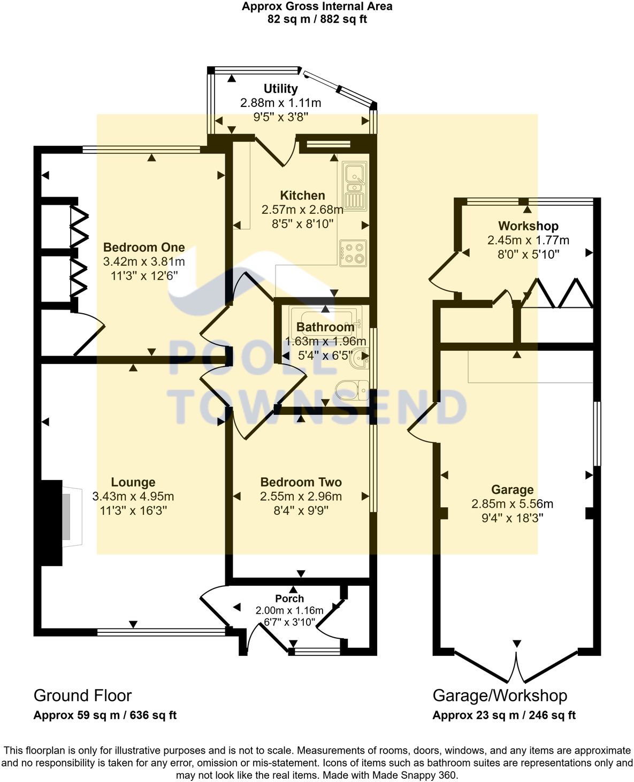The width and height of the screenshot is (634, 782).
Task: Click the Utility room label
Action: click(x=280, y=89)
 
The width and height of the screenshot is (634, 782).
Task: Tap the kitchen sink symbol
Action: click(x=355, y=185)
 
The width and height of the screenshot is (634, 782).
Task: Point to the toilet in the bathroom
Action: click(x=354, y=390)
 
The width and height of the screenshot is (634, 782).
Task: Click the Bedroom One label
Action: click(x=144, y=247)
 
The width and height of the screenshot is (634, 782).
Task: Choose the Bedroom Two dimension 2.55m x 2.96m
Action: click(x=301, y=497)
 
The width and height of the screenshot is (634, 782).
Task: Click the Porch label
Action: click(x=289, y=599)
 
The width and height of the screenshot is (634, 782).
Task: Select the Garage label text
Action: click(x=512, y=490)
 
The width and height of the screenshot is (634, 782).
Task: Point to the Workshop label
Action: click(x=528, y=226)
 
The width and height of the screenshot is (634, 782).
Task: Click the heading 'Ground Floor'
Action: click(x=82, y=695)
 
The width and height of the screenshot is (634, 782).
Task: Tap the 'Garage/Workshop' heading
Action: click(x=500, y=695)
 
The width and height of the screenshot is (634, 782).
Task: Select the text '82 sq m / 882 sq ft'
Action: click(x=317, y=20)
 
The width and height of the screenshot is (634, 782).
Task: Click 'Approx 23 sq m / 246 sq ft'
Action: click(x=504, y=715)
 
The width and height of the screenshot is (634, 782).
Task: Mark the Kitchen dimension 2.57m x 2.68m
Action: click(x=302, y=210)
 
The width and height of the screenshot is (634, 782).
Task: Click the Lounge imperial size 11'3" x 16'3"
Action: click(x=133, y=510)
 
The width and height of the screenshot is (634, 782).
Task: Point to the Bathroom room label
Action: click(x=325, y=327)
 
